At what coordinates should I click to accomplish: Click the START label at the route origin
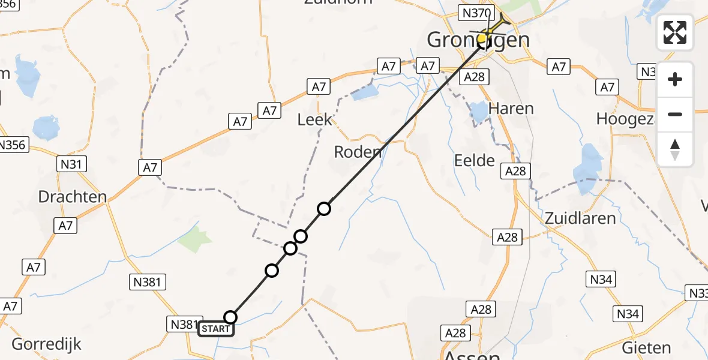click(215, 329)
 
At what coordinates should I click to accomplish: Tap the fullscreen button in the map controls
click(675, 32)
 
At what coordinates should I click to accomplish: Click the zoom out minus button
click(675, 114)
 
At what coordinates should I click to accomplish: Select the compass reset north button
click(675, 149)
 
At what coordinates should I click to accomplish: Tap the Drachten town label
click(72, 196)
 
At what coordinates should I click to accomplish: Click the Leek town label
click(314, 119)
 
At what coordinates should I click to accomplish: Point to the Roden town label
click(358, 152)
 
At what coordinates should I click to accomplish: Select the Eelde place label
click(474, 160)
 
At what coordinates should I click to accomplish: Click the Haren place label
click(511, 109)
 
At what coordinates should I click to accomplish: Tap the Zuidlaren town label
click(580, 218)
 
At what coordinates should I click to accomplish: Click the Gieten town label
click(646, 347)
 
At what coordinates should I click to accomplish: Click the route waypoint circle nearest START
click(230, 317)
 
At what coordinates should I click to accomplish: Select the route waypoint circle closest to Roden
click(324, 209)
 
